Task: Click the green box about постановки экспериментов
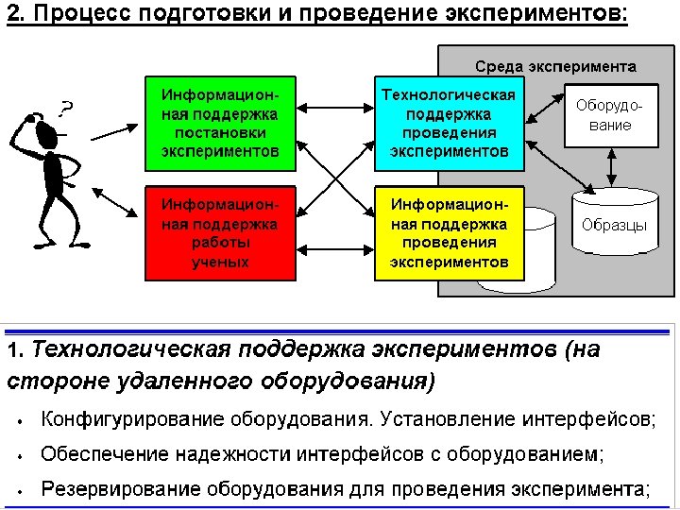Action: [x=220, y=123]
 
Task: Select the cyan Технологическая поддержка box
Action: [x=449, y=123]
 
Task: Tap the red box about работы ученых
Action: [x=220, y=232]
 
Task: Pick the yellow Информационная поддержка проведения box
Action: [x=449, y=232]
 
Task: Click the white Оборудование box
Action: [x=610, y=115]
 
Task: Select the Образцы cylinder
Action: [x=614, y=223]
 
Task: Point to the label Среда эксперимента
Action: [x=555, y=67]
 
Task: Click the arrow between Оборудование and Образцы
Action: [x=611, y=167]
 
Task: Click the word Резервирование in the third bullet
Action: [x=107, y=489]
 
